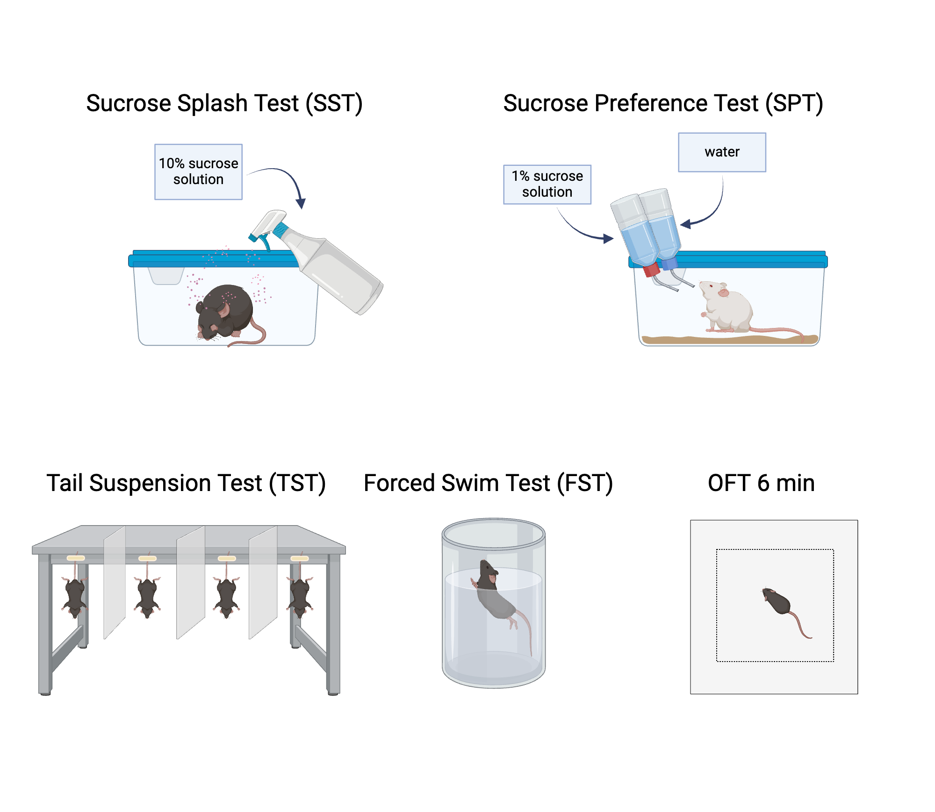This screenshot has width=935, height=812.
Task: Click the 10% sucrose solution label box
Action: pos(198,171)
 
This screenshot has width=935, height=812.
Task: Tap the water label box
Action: pos(722,152)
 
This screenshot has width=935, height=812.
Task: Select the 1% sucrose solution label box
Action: pos(547,184)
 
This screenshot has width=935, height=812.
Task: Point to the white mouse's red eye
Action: pos(711,285)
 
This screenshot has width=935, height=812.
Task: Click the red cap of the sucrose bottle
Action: pos(651,270)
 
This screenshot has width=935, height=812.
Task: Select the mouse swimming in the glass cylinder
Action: pos(496,593)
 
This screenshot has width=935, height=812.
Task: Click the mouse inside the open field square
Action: pos(778,603)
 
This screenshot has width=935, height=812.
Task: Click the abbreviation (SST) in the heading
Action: pos(334,103)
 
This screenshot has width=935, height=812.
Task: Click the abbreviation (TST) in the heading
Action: pos(297,483)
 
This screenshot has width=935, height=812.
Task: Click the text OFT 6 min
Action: pos(761,483)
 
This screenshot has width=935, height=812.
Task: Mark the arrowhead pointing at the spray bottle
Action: pos(301,203)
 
